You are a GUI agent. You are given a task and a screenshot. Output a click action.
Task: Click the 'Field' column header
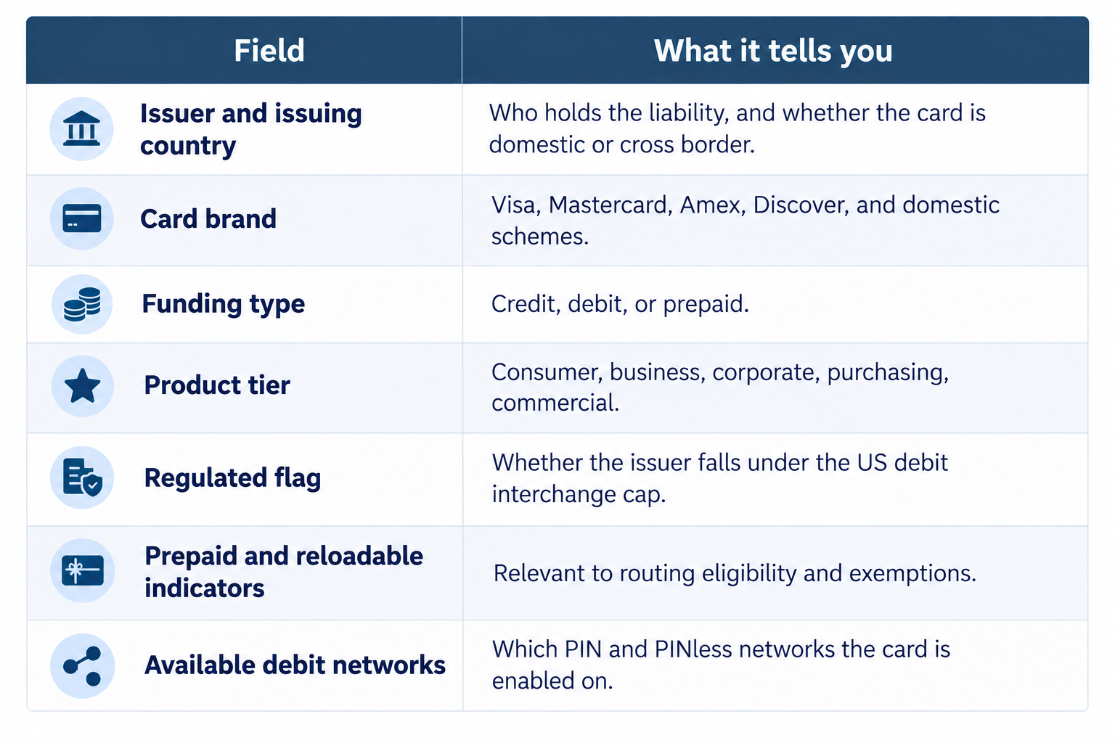pos(269,50)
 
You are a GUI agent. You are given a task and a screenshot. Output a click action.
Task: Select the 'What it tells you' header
pos(773,50)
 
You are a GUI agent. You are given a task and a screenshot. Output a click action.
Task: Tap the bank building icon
pos(81,128)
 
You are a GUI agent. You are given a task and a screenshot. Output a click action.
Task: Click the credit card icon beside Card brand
pos(81,218)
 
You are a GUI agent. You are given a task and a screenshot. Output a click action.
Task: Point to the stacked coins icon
pos(82,304)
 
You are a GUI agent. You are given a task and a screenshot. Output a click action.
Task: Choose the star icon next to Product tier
pos(83,386)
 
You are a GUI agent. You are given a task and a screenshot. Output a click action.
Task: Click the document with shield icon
pos(83,477)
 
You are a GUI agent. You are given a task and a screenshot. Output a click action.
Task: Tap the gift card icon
pos(83,570)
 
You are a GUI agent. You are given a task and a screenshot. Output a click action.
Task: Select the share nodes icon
pos(83,666)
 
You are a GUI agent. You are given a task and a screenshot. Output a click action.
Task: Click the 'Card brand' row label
pos(208,219)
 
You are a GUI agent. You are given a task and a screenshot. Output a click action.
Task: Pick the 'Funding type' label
pos(224,304)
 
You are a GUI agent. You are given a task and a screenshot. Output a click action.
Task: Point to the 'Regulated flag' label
pos(232,477)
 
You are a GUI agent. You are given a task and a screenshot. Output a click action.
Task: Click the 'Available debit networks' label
pos(295,665)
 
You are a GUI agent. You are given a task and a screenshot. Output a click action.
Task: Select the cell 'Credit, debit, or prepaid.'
pos(620,304)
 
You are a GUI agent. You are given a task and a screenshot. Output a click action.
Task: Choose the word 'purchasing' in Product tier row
pos(888,373)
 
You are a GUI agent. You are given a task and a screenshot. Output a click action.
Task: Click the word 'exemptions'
pos(912,573)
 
